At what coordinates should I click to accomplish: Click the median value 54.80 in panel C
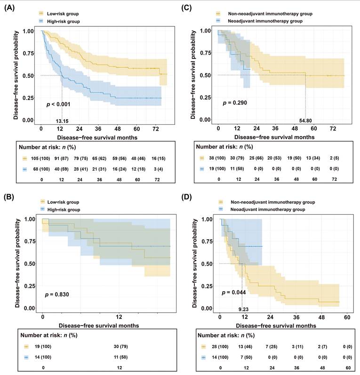[x=306, y=120]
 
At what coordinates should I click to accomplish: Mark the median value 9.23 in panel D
[x=242, y=309]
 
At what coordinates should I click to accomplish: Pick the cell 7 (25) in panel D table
[x=264, y=347]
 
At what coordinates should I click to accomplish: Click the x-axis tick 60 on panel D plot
[x=347, y=317]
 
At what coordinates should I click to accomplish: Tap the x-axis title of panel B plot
[x=97, y=325]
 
